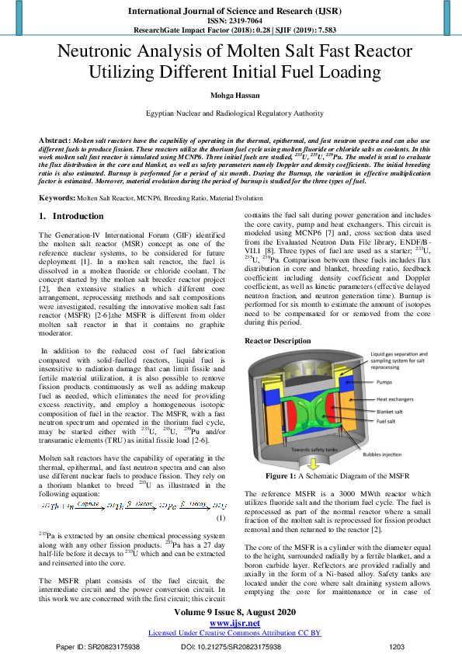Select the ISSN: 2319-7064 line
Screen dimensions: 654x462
[231, 21]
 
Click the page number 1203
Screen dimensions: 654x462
[397, 645]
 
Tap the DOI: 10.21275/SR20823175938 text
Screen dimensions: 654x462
[230, 645]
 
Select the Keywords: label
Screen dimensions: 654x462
[57, 199]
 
